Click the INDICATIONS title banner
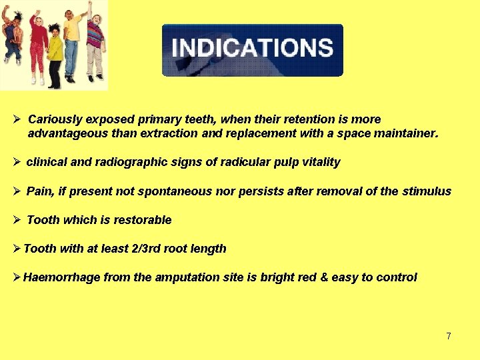[x=252, y=49]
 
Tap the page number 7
[x=449, y=336]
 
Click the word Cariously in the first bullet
[x=55, y=119]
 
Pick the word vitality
[x=316, y=162]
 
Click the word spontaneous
[x=168, y=191]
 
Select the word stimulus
[x=426, y=191]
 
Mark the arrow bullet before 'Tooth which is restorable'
[x=17, y=220]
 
